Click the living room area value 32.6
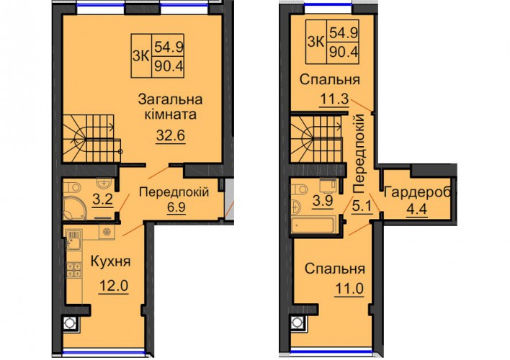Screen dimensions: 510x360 tap(171, 135)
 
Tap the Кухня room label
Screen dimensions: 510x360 tap(111, 261)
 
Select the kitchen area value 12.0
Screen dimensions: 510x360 tap(114, 286)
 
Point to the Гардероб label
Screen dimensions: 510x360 tap(417, 193)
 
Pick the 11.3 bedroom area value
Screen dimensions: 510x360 tap(334, 99)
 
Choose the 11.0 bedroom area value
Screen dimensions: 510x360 tap(349, 289)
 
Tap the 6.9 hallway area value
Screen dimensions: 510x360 tap(176, 207)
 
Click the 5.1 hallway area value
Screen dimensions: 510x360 tap(362, 207)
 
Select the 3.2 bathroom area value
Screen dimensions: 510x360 tap(103, 199)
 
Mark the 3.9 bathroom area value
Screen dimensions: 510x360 tap(322, 201)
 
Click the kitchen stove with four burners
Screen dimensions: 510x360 tap(73, 270)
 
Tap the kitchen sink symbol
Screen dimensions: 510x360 tap(73, 240)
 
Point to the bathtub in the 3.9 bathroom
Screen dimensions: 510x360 tap(313, 225)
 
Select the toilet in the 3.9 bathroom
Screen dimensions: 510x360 tap(299, 189)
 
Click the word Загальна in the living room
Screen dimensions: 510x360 tap(170, 99)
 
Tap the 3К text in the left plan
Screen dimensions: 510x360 tap(141, 56)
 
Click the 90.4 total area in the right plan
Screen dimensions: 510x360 tap(344, 52)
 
